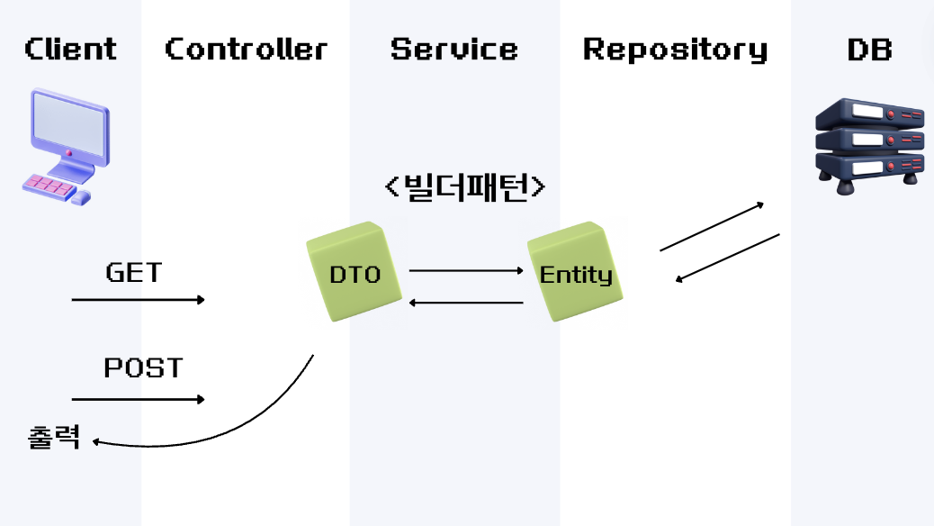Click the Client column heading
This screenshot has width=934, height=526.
[x=70, y=49]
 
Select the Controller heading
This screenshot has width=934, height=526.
[x=246, y=49]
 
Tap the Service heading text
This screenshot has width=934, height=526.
[x=454, y=49]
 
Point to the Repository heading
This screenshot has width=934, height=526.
[x=675, y=50]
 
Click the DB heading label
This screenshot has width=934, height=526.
[x=869, y=49]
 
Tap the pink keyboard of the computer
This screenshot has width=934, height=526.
[x=49, y=186]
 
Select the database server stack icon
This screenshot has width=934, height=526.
[x=869, y=144]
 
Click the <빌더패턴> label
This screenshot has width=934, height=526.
[x=464, y=186]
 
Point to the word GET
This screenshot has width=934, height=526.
[x=134, y=272]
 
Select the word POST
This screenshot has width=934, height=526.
[x=143, y=367]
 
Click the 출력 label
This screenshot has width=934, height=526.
[x=55, y=438]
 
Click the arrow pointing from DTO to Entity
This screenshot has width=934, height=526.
[x=466, y=269]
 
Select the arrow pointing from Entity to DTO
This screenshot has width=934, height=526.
[x=466, y=303]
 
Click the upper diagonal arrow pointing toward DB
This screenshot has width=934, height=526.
[x=712, y=226]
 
